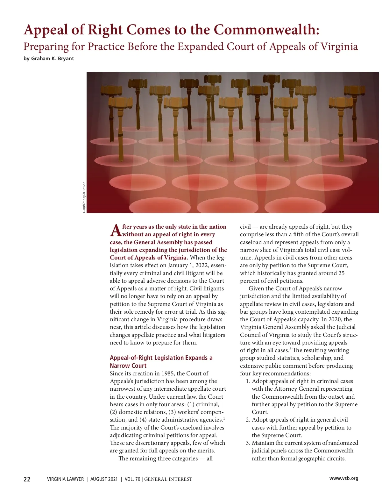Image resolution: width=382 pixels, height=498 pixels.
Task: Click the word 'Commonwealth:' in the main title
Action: tap(266, 30)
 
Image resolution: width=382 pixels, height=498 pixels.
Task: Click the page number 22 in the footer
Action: tap(27, 479)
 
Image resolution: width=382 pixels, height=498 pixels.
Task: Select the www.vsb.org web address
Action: tap(343, 478)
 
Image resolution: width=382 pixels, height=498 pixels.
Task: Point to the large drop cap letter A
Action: tap(116, 231)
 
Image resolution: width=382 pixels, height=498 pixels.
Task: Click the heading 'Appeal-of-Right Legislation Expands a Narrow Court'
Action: tap(161, 362)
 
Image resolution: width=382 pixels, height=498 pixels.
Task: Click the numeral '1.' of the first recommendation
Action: tap(248, 381)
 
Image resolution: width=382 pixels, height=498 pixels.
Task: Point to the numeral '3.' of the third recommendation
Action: tap(248, 443)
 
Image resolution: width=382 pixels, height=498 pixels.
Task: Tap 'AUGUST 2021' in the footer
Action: tap(104, 479)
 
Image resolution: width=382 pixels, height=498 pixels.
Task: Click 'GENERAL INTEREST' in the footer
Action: tap(168, 479)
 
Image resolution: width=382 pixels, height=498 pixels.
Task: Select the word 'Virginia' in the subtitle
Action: tap(339, 46)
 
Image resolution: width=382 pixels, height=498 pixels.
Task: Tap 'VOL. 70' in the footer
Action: tap(132, 479)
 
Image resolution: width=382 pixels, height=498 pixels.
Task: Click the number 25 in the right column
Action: tap(341, 273)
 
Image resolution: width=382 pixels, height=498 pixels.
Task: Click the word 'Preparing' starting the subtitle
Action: tap(46, 47)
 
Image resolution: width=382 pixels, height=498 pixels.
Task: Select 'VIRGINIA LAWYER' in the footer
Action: tap(65, 479)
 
